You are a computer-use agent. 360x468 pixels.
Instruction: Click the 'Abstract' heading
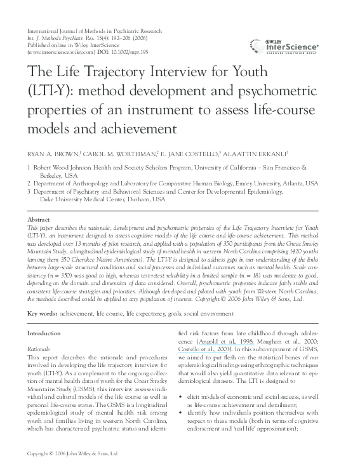click(40, 219)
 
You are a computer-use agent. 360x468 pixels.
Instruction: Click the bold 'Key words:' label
click(43, 314)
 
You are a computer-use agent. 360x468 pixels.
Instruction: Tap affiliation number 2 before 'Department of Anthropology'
click(29, 182)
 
